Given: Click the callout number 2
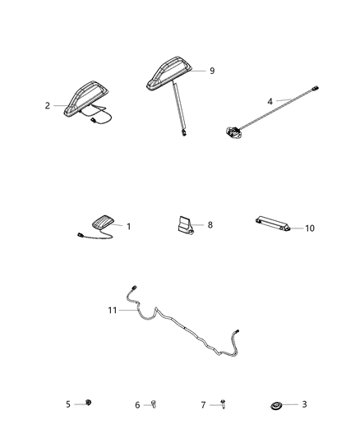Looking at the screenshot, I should click(48, 105).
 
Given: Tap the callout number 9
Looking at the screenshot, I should click(212, 71).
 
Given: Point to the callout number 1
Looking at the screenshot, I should click(128, 225).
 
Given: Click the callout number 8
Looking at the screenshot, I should click(210, 224).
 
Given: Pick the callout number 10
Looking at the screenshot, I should click(309, 228).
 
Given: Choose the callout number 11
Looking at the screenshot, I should click(113, 310).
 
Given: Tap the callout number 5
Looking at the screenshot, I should click(68, 403).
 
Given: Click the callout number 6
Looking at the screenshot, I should click(136, 404).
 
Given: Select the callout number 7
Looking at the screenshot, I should click(203, 404).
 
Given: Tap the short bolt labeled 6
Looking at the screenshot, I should click(153, 403).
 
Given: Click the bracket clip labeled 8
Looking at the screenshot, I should click(186, 225).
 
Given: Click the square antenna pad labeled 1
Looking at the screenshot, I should click(101, 222).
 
